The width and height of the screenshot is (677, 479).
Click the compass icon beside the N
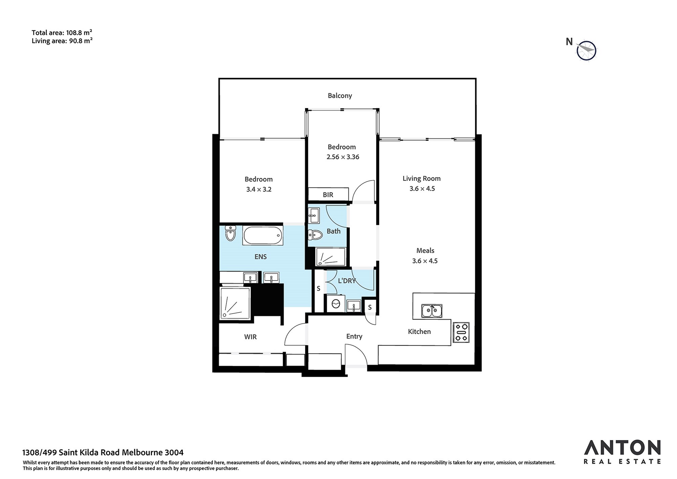(587, 51)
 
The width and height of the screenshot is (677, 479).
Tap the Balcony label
(340, 96)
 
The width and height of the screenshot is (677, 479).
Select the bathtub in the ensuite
(263, 235)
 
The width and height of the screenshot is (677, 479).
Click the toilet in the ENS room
(231, 233)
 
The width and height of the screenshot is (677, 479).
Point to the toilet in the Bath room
(315, 235)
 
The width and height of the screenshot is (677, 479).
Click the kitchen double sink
(432, 311)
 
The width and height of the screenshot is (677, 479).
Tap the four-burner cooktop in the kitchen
(461, 332)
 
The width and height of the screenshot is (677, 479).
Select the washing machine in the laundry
(335, 304)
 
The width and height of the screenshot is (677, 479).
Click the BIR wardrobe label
(328, 195)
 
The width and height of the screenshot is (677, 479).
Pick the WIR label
(250, 337)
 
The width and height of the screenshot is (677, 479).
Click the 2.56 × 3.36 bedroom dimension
(343, 157)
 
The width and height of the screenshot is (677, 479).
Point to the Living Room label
(421, 179)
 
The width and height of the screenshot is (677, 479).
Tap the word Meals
(425, 251)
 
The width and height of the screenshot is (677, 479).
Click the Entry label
(354, 336)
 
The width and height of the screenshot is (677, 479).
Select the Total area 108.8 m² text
(62, 33)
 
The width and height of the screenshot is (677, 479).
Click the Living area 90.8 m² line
(62, 41)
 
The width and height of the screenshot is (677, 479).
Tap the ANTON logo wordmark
(622, 447)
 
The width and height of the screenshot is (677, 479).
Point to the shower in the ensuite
(235, 303)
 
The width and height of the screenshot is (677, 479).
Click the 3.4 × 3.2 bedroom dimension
(259, 189)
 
